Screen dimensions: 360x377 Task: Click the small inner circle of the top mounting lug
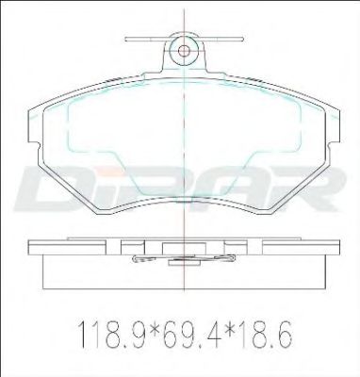click(184, 50)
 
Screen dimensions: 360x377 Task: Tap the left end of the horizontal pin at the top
click(125, 40)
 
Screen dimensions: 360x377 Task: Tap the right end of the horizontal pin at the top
click(243, 40)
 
